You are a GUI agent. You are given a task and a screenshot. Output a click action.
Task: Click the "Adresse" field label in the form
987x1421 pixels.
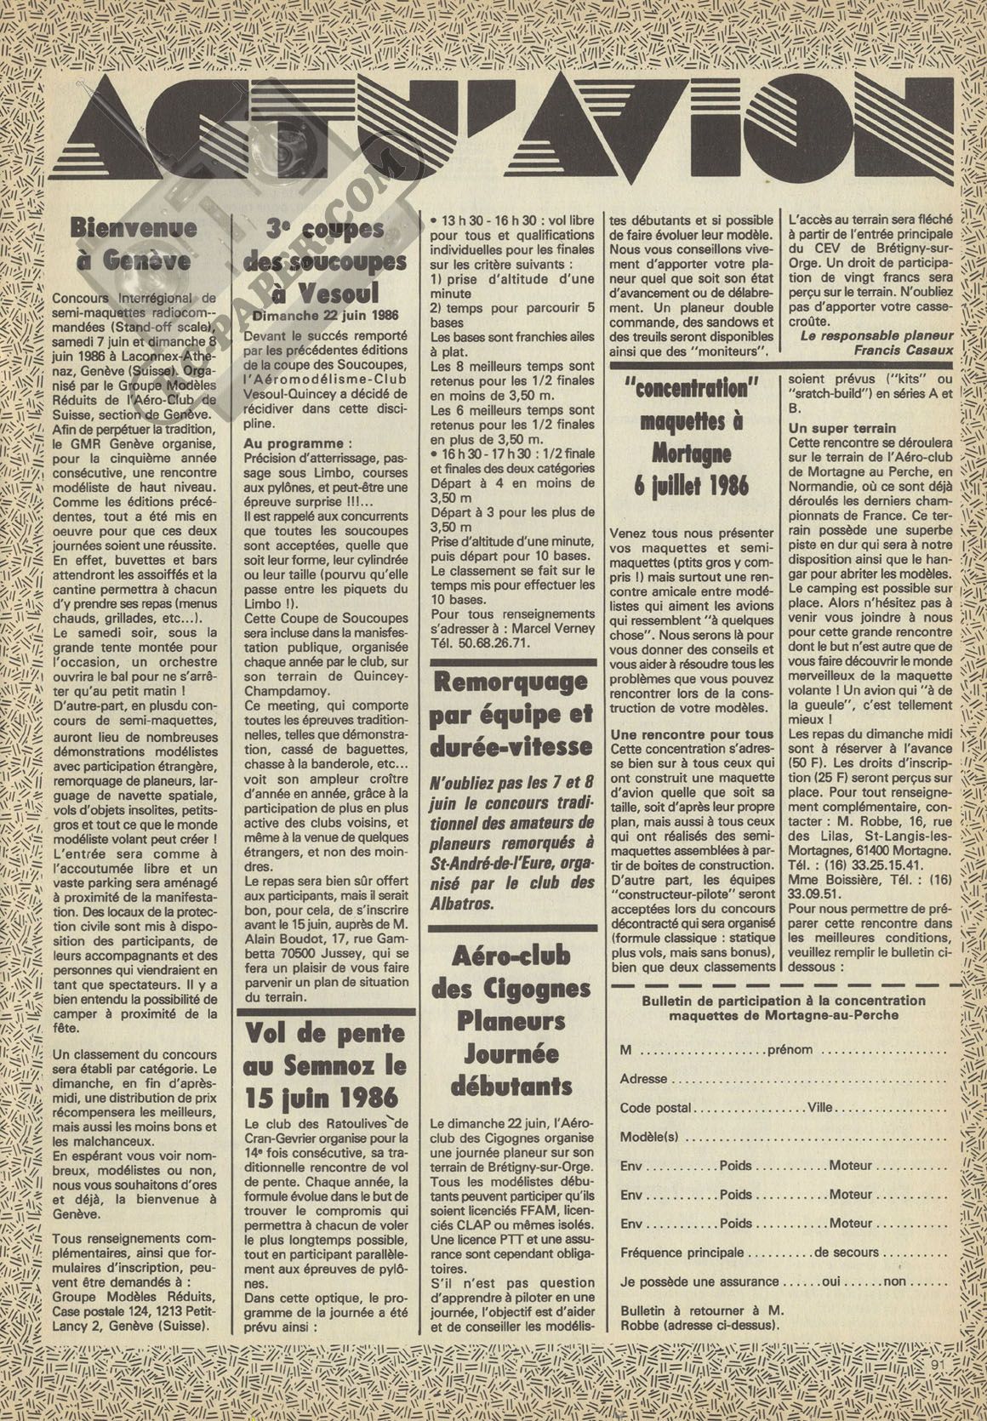[x=644, y=1078]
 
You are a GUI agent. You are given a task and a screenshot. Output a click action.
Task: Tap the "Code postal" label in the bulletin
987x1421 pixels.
[x=655, y=1108]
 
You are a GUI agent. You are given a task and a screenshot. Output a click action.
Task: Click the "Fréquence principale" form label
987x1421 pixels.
[x=682, y=1253]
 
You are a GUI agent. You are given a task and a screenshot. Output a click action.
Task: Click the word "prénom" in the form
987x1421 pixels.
[x=790, y=1049]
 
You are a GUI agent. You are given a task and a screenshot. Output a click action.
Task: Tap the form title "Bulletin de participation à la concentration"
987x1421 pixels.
[x=784, y=1001]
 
